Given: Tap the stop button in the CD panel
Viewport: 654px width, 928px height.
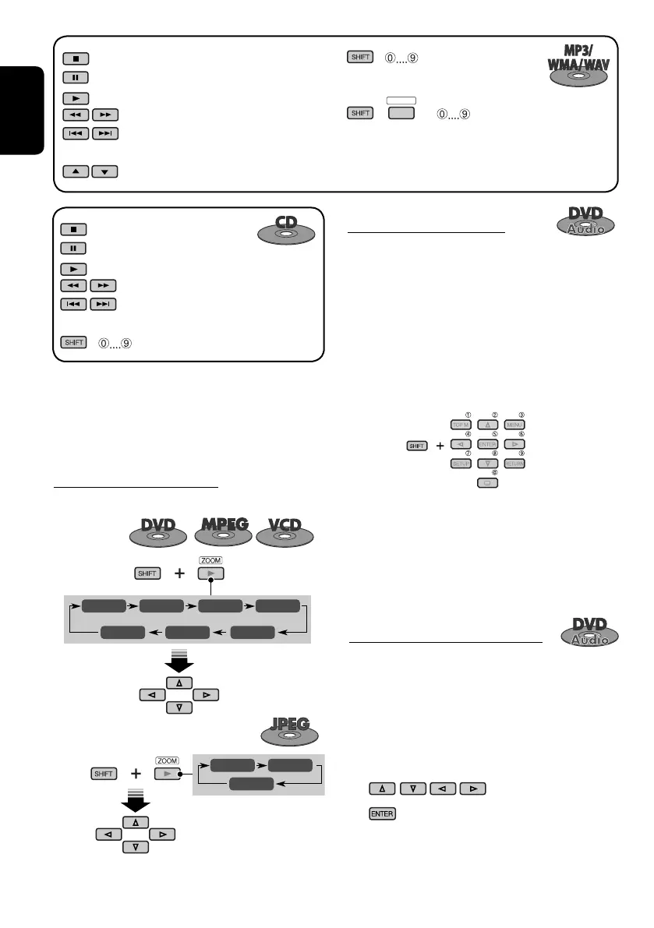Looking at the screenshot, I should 72,230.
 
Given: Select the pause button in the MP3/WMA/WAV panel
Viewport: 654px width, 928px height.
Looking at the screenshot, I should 72,77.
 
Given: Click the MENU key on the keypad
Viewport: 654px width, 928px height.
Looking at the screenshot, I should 514,425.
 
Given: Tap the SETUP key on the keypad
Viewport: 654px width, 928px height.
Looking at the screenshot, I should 462,464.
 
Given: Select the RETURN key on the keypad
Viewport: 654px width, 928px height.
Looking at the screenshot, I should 514,464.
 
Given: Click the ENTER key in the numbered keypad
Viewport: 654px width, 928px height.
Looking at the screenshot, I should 488,444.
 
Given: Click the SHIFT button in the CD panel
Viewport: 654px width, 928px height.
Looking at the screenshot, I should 72,342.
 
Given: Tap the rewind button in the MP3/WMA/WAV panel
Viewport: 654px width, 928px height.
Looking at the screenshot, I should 72,115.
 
